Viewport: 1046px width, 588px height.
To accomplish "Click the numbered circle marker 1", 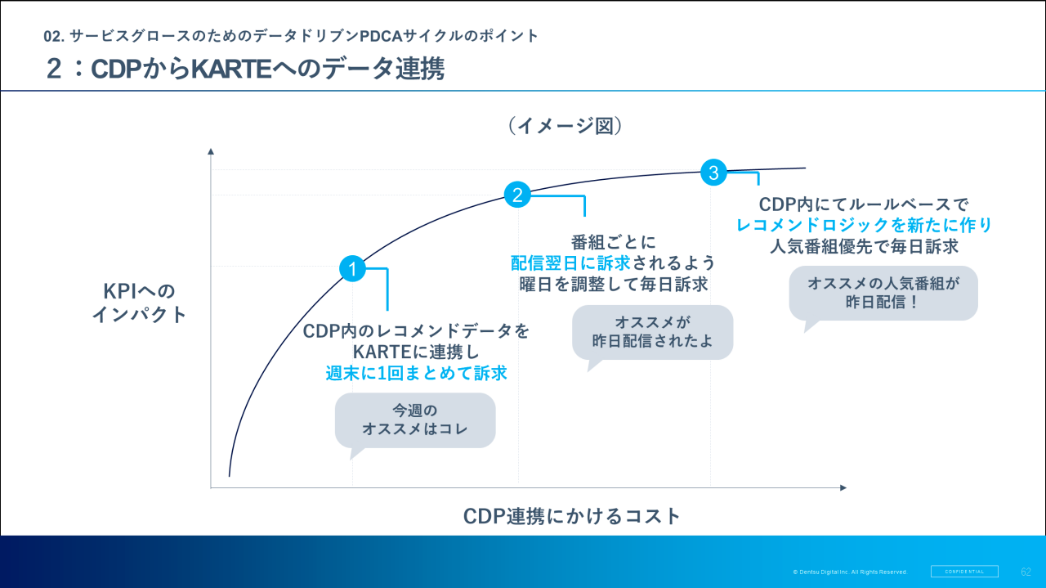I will tap(352, 268).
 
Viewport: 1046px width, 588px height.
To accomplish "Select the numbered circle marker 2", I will tap(517, 195).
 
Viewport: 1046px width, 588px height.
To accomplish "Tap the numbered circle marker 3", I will tap(713, 173).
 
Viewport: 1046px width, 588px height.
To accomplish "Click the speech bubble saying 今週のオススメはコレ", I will tap(415, 420).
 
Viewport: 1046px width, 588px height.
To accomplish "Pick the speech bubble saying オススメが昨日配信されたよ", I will tap(652, 331).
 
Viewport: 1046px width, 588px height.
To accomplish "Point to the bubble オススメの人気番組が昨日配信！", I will tap(883, 292).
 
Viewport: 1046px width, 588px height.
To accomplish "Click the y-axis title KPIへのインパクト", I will tap(139, 303).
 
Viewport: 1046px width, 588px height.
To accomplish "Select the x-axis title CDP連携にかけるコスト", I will tap(572, 516).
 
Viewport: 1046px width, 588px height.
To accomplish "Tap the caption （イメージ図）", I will tap(565, 126).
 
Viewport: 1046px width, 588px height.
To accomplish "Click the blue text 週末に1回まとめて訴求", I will tap(417, 373).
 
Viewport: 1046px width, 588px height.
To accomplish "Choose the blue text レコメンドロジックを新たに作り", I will tap(865, 225).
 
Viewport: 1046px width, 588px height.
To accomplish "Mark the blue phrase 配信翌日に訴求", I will tap(570, 263).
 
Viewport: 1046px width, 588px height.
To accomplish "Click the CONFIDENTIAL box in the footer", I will tap(964, 572).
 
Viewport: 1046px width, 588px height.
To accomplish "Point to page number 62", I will tap(1026, 572).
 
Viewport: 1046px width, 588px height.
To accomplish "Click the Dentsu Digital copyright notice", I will tap(850, 572).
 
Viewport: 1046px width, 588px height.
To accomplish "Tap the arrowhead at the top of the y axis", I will tap(211, 151).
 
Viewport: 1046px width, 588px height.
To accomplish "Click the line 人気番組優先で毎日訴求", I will tap(864, 246).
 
